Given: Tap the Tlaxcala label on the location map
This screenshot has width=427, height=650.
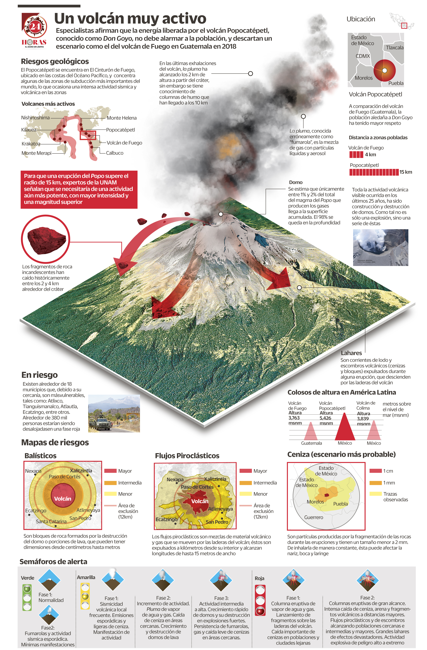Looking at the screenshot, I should pos(394,48).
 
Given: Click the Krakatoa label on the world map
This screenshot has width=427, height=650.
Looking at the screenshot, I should pos(31,144).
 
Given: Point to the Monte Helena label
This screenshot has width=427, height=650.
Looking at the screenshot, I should pos(122,118).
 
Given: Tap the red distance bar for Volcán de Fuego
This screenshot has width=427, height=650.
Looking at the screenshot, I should pos(356,155).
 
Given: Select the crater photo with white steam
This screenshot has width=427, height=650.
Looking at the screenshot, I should pos(381,247).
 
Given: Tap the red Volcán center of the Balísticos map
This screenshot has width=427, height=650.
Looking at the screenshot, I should pos(63,499).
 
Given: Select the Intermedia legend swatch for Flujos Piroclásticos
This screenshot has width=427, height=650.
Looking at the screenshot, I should pos(245,483).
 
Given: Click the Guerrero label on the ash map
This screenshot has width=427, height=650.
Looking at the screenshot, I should pos(314,517).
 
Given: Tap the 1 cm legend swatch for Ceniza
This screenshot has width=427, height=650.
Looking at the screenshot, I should pos(375,471).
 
